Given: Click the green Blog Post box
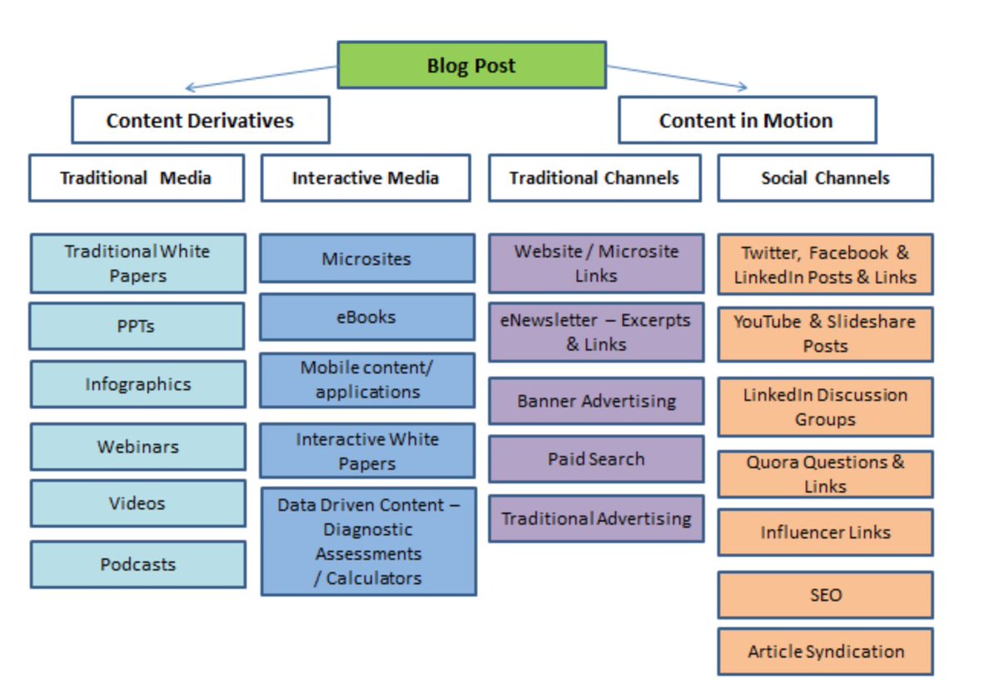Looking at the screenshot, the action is [471, 65].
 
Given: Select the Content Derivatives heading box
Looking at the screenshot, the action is [201, 120].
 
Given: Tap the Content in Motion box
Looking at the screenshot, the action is [748, 120].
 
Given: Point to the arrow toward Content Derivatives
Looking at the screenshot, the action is [261, 77].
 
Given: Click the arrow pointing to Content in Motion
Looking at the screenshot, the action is [677, 77].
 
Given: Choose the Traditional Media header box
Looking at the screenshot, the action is [137, 178].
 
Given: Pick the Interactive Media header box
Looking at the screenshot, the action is [365, 178].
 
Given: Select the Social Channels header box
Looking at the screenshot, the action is [826, 178].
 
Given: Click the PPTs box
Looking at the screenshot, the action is [137, 326].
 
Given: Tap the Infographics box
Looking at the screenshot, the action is [138, 384].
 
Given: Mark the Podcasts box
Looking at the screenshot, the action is [138, 565].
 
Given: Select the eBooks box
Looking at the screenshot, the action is [367, 317].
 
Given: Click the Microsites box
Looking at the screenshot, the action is [367, 259].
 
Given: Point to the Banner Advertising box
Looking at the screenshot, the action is [596, 401].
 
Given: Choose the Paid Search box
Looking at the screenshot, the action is [596, 459].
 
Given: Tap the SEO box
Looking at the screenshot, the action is [826, 595].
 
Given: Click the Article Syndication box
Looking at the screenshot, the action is [826, 651].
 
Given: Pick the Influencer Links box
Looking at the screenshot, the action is [826, 532].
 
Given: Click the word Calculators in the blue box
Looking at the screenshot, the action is [374, 578].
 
